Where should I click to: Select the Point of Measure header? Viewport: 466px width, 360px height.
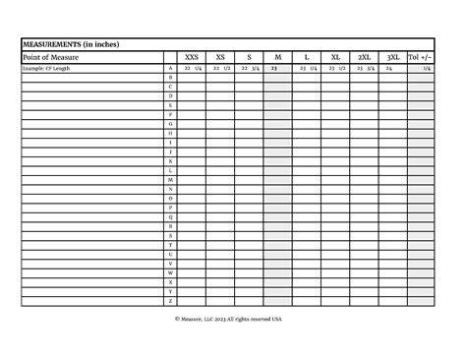pos(50,58)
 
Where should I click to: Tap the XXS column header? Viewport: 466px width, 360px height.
pos(192,58)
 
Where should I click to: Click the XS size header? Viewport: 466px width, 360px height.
pos(220,58)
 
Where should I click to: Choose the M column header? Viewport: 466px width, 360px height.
pos(277,58)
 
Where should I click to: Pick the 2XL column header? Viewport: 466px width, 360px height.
pos(364,58)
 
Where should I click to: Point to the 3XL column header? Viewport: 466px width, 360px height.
pos(392,58)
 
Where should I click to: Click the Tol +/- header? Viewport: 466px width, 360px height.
pos(421,58)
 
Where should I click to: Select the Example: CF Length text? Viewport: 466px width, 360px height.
pos(47,69)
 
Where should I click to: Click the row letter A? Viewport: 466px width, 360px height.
pos(171,69)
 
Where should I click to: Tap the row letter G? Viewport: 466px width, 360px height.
pos(171,124)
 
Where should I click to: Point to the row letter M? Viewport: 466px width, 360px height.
pos(171,180)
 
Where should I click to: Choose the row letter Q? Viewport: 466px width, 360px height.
pos(171,217)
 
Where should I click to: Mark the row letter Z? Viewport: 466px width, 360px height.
pos(171,301)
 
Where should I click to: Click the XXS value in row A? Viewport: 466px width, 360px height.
pos(193,69)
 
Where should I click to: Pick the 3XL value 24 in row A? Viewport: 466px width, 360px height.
pos(389,69)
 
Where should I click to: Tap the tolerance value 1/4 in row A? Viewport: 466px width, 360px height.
pos(427,69)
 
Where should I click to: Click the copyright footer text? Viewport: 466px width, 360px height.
pos(229,319)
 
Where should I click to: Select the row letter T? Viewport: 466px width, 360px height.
pos(171,245)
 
